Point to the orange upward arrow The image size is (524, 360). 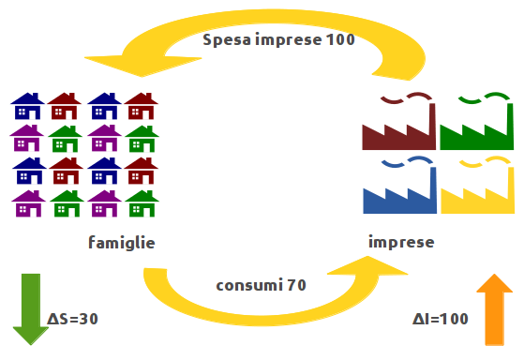click(494, 309)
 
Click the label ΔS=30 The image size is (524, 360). click(73, 319)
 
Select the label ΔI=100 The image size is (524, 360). click(440, 319)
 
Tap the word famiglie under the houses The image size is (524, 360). click(121, 243)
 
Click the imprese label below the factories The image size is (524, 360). click(401, 242)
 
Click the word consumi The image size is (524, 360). click(246, 284)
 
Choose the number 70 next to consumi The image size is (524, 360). click(296, 284)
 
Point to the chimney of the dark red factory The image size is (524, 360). click(430, 117)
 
